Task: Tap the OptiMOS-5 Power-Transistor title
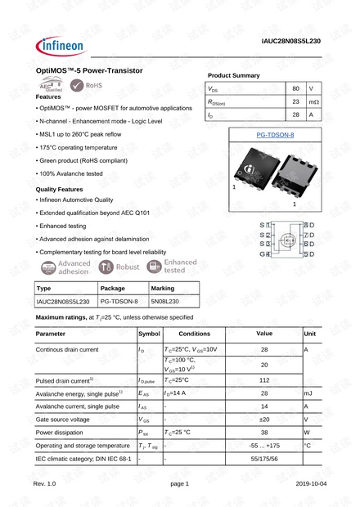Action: pos(90,71)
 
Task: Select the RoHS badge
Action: pos(88,84)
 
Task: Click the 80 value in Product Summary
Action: pos(295,87)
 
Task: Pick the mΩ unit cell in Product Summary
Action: pos(314,101)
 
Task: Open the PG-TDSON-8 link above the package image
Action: pos(275,134)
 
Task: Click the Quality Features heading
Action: pos(59,189)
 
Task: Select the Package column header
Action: pos(112,289)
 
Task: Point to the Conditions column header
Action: pos(194,334)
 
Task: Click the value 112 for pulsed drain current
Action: pos(264,380)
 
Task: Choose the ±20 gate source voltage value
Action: pos(264,419)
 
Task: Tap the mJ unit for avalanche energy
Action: pos(308,393)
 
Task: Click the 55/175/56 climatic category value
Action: pos(264,459)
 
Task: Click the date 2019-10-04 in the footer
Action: pos(312,484)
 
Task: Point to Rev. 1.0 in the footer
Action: pos(45,484)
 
